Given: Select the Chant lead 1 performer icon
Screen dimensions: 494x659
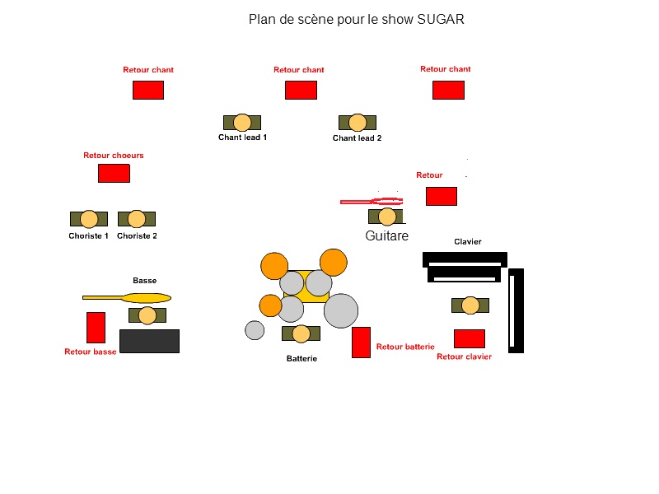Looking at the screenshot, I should tap(242, 123).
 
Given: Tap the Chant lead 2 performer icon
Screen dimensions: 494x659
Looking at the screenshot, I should tap(358, 123).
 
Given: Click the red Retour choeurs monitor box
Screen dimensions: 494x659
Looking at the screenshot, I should tap(114, 174).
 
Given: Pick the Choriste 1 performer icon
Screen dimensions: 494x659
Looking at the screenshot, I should tap(89, 219).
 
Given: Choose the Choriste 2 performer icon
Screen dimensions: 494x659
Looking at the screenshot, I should tap(137, 219).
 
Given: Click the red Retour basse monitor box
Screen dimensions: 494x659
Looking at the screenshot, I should tap(96, 328).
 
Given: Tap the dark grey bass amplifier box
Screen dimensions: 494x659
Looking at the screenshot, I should tap(149, 342).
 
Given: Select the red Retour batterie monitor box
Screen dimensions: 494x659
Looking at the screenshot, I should tap(361, 343).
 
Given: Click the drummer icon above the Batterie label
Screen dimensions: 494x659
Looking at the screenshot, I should tap(301, 333).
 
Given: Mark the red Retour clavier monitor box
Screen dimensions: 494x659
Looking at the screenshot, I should tap(470, 338).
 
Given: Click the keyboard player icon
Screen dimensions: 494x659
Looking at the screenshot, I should tap(470, 305).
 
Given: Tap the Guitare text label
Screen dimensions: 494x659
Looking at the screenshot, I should tap(386, 236).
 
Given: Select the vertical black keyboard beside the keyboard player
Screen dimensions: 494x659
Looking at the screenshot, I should tap(516, 310).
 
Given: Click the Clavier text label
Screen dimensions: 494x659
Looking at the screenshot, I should tap(468, 242).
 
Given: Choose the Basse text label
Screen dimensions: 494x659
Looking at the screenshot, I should tap(145, 281).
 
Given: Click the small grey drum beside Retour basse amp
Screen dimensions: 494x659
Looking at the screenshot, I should tap(255, 330).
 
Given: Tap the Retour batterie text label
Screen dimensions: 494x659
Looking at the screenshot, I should tap(405, 347).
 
